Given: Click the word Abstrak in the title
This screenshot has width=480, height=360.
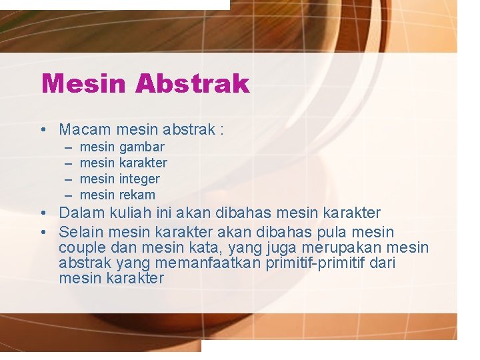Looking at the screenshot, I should [x=192, y=84].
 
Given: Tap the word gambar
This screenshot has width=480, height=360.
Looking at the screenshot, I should [x=141, y=147].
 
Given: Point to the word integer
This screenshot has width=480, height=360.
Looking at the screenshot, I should [x=139, y=179].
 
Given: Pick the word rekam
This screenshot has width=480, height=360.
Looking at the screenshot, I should [x=137, y=195].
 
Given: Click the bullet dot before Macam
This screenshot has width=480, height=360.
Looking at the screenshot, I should [x=42, y=129].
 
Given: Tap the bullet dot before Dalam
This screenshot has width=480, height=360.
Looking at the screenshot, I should [x=42, y=213].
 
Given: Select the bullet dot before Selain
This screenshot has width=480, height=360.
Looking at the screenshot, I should [x=42, y=233].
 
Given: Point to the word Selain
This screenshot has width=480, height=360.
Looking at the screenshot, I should [x=81, y=233].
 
